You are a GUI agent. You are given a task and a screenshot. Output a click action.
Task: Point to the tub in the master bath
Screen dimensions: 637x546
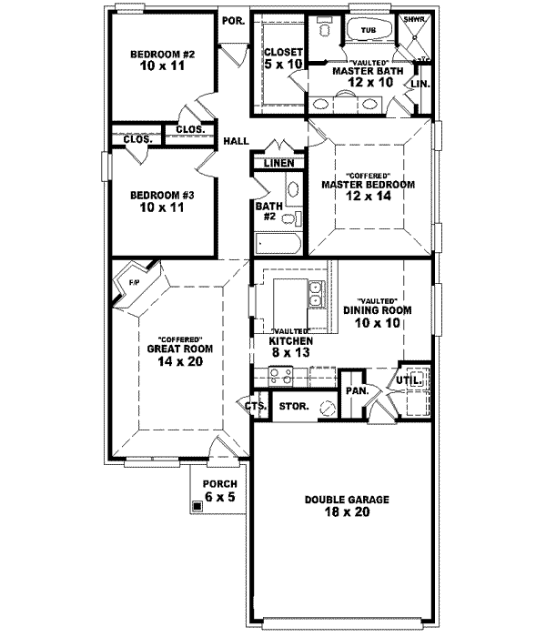pyautogui.click(x=369, y=29)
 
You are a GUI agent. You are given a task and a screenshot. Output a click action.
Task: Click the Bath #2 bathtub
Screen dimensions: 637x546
pyautogui.click(x=276, y=244)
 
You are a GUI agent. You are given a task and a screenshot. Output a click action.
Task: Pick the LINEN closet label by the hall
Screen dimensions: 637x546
pyautogui.click(x=279, y=163)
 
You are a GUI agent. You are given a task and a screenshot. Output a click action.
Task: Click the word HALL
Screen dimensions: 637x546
pyautogui.click(x=237, y=141)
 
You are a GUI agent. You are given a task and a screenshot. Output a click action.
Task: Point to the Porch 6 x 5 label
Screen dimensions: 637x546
pyautogui.click(x=220, y=490)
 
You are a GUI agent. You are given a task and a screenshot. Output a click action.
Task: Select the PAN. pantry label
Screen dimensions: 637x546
pyautogui.click(x=356, y=390)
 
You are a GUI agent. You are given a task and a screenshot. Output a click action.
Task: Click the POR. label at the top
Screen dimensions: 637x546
pyautogui.click(x=233, y=20)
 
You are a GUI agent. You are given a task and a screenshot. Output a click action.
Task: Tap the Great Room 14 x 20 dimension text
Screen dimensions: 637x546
pyautogui.click(x=173, y=361)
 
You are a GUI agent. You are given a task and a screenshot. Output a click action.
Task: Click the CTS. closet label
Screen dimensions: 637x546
pyautogui.click(x=254, y=406)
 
